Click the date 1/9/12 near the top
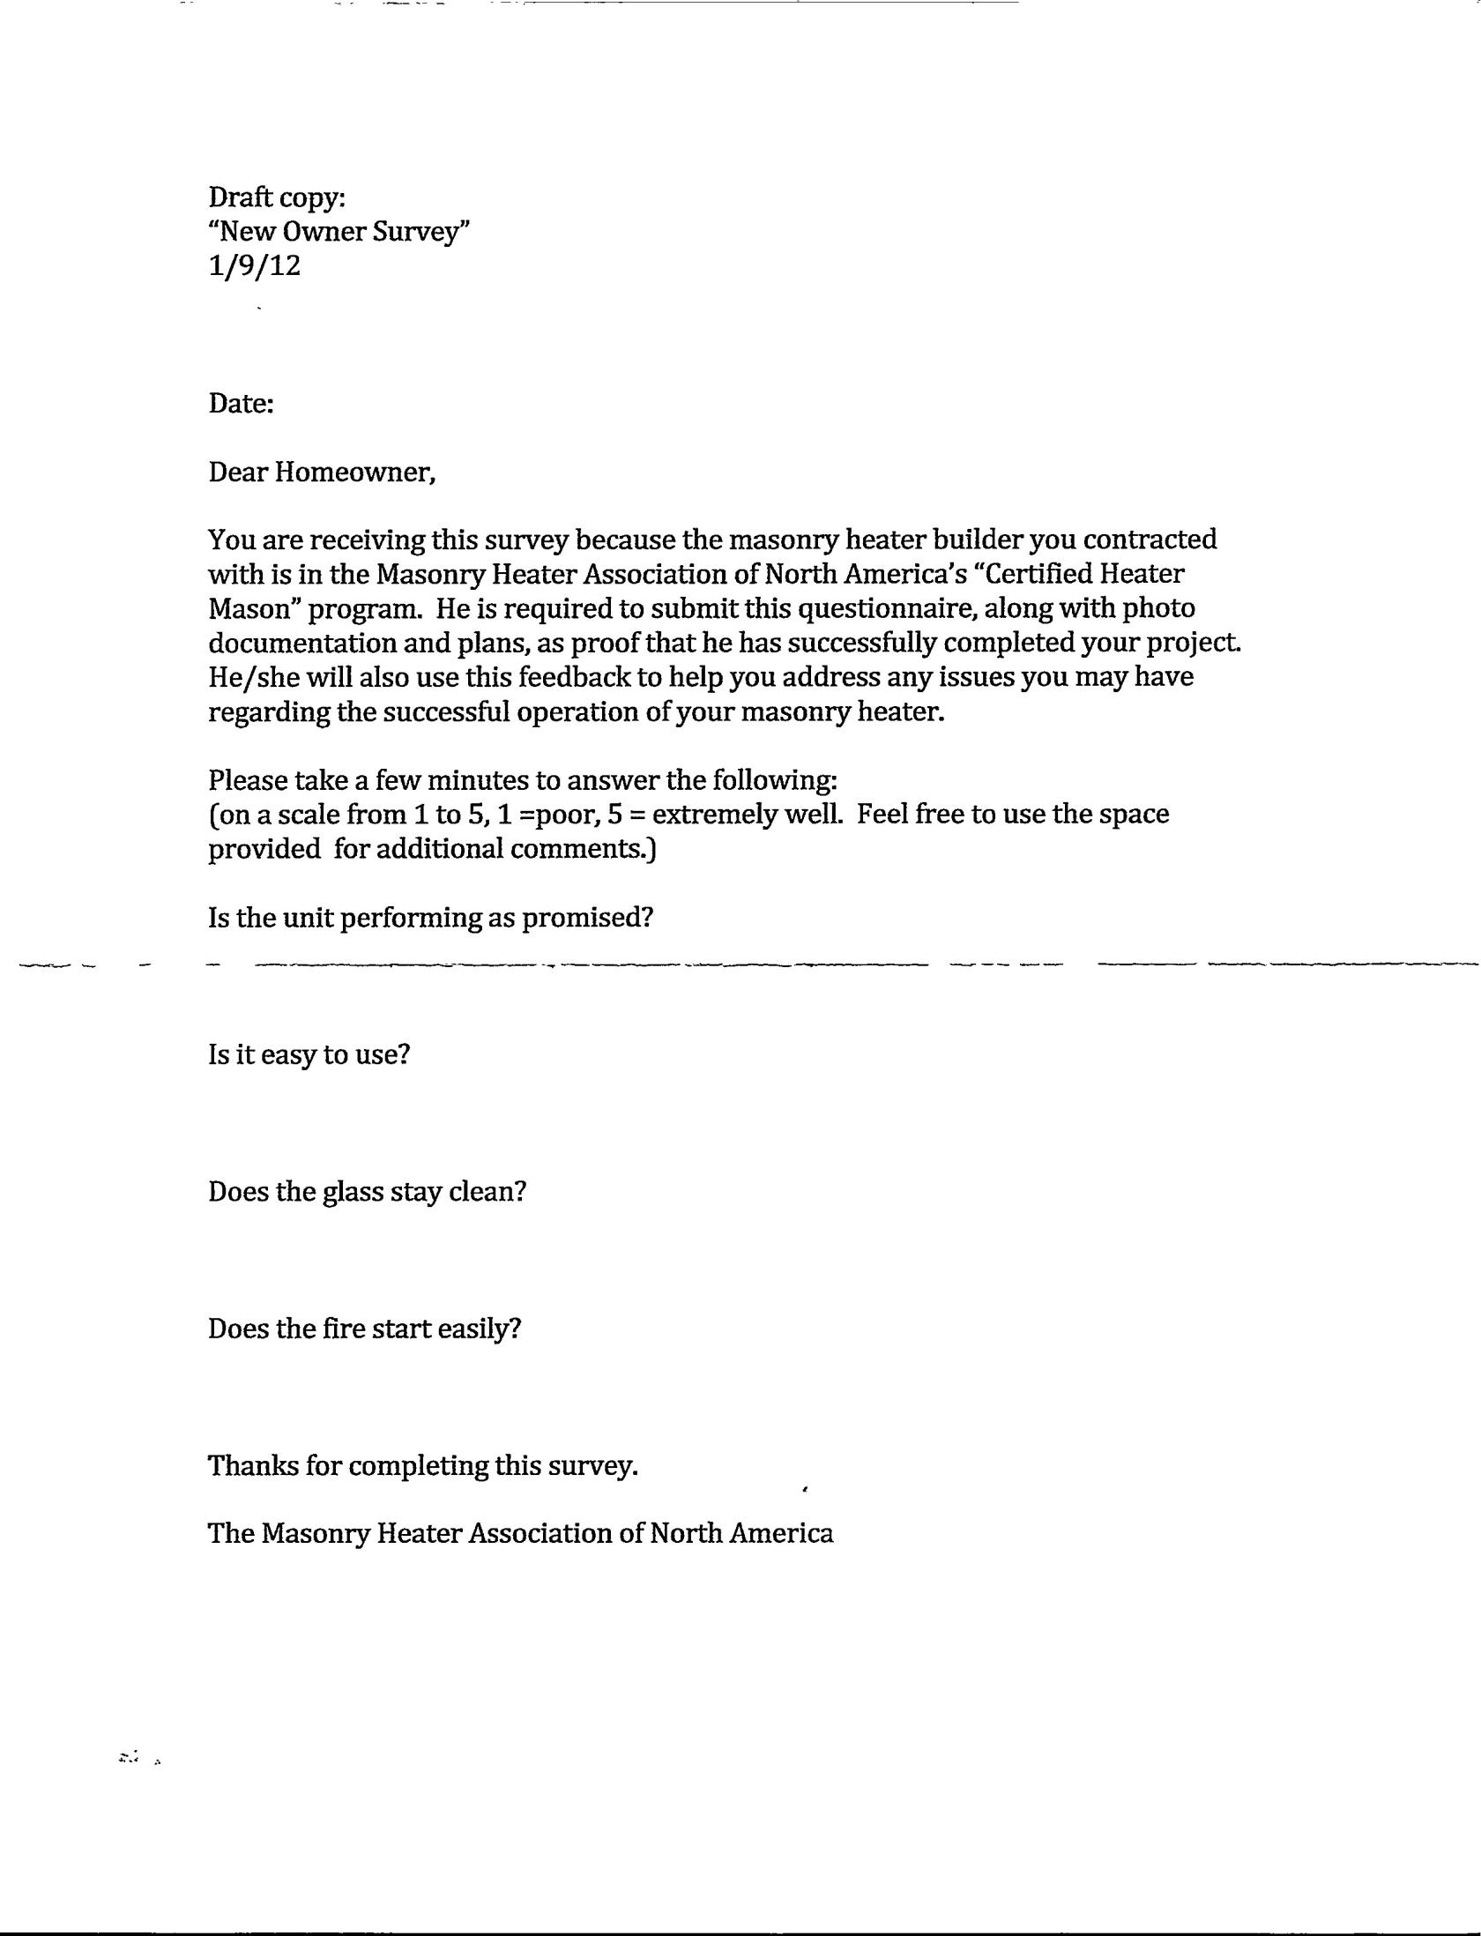point(254,265)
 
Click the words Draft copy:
point(276,197)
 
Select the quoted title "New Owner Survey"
point(339,232)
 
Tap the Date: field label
point(241,404)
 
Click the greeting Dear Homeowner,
point(322,473)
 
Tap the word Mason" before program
point(254,608)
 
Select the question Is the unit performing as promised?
point(430,918)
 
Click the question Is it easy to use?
point(309,1054)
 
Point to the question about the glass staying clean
point(367,1192)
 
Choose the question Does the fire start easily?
point(364,1329)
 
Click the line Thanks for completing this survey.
point(422,1466)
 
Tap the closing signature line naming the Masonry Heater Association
point(520,1533)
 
